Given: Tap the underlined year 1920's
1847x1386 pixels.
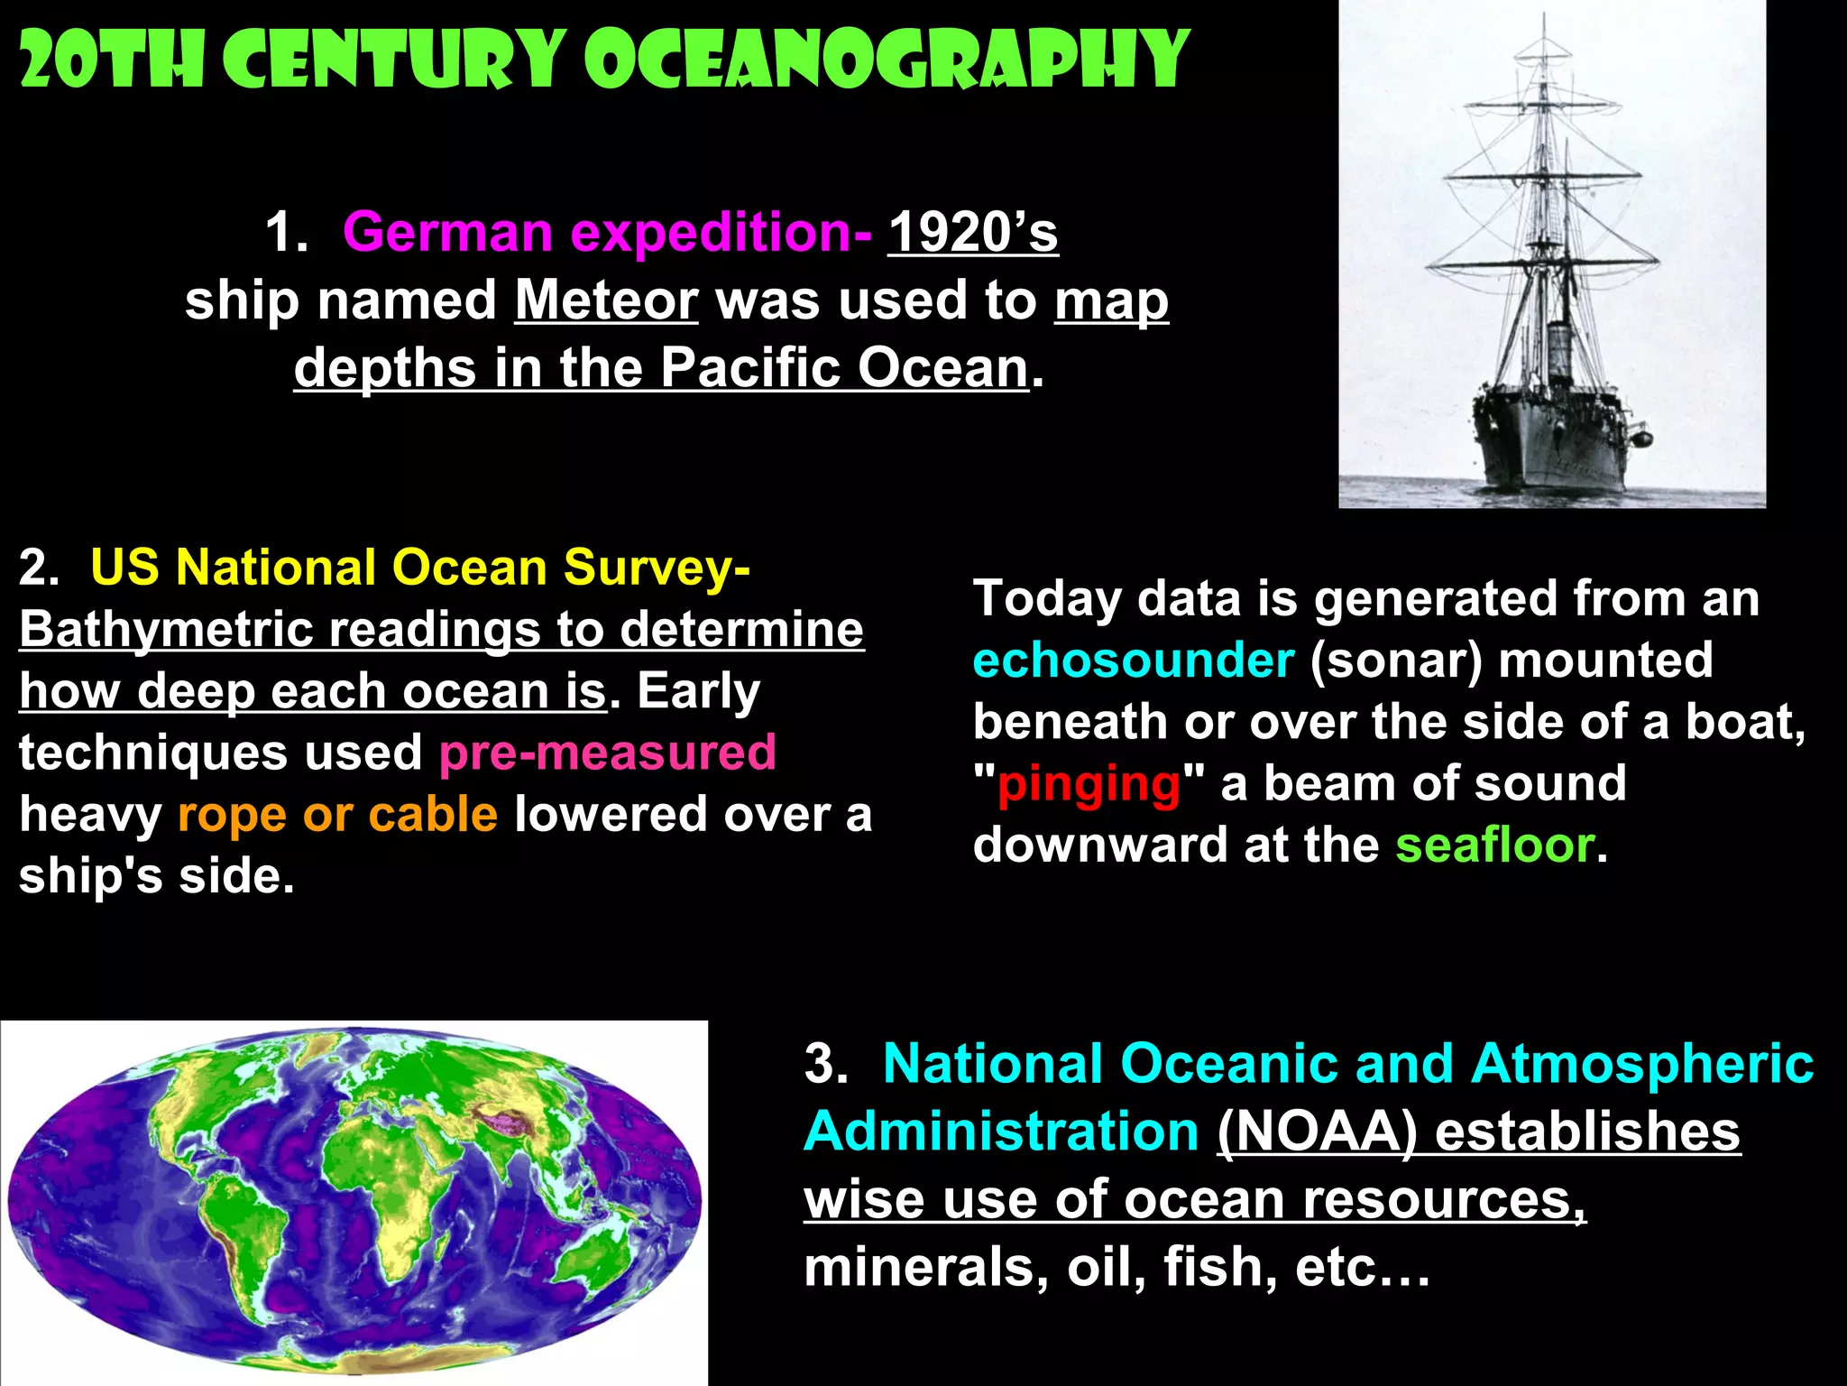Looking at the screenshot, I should click(972, 233).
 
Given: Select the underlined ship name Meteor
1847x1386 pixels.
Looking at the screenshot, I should click(606, 300).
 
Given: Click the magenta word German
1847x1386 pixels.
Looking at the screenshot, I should click(447, 233).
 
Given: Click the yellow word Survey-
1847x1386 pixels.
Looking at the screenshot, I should click(657, 568).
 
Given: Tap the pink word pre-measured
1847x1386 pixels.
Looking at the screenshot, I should click(607, 753).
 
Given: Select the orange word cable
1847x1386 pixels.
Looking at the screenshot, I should click(433, 815).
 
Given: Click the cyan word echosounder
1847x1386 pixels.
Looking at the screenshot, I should click(1133, 661).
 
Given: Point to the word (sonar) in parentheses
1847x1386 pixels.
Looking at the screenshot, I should click(1396, 661).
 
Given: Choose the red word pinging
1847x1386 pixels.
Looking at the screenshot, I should click(1089, 784).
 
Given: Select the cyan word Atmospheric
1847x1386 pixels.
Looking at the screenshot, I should click(1641, 1064).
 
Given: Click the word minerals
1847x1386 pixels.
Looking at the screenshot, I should click(925, 1267).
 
